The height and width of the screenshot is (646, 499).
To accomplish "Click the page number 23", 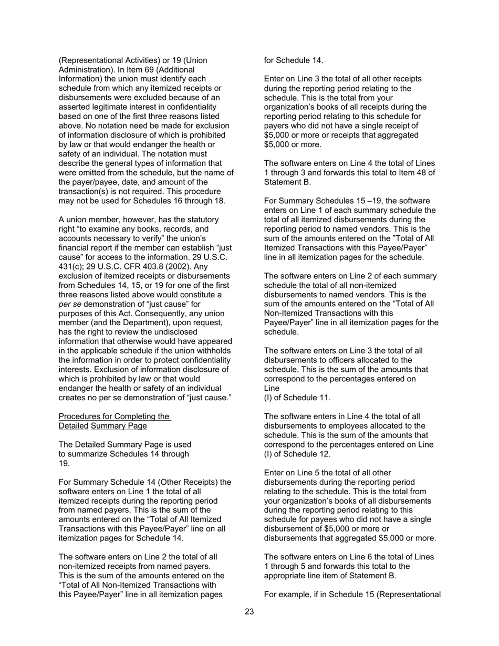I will (x=249, y=611).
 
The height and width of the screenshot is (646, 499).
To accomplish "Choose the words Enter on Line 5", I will (x=293, y=473).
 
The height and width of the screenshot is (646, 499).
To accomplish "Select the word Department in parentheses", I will (x=138, y=323).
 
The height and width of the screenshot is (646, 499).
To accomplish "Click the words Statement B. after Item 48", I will (x=287, y=182).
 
